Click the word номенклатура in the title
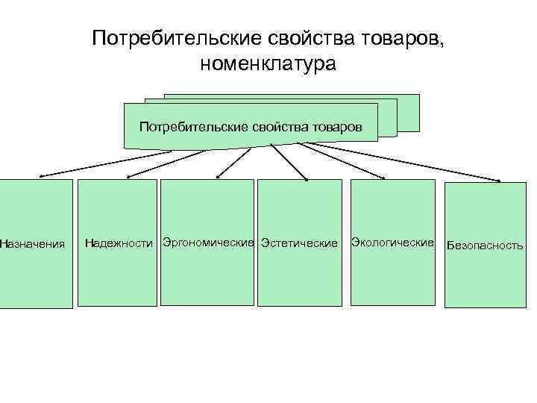point(268,64)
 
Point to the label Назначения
point(32,243)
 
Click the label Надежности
point(119,243)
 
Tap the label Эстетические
point(298,243)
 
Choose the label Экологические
point(392,243)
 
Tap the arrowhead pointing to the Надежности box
point(130,177)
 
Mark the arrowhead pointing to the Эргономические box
point(217,177)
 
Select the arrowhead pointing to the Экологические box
point(382,178)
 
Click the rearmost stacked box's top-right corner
point(418,96)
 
